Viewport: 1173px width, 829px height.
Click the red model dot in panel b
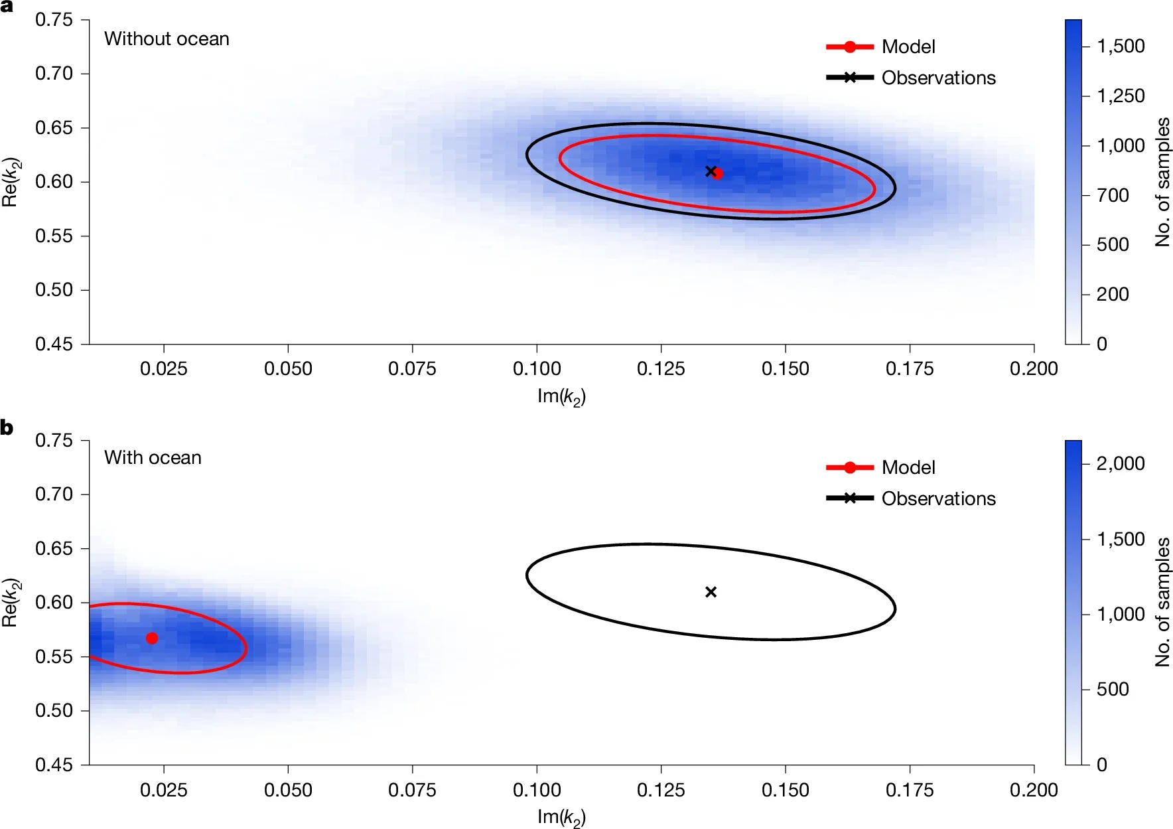[x=152, y=639]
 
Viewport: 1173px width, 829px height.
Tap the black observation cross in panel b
[x=711, y=591]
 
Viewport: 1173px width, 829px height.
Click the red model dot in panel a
[x=717, y=174]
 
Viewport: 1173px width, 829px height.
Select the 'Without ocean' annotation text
[x=167, y=39]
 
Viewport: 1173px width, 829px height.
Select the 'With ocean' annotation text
[x=153, y=458]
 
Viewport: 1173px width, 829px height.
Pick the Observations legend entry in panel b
[x=938, y=498]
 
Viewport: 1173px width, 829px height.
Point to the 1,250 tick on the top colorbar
[x=1121, y=96]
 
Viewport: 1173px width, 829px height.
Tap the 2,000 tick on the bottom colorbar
[x=1121, y=463]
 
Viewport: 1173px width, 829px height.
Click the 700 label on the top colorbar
[x=1113, y=196]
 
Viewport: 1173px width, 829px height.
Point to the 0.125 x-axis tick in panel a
[x=661, y=368]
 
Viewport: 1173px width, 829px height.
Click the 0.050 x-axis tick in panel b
[x=288, y=790]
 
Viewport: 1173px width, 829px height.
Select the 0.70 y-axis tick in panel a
[x=54, y=73]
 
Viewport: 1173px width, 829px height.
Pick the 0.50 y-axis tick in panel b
[x=54, y=711]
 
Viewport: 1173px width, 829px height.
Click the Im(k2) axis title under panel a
[x=561, y=397]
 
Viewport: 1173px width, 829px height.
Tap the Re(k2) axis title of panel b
[x=11, y=603]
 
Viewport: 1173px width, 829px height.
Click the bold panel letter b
[x=7, y=428]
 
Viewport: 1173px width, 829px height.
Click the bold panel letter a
[x=7, y=7]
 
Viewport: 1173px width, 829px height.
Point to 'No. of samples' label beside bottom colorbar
[x=1162, y=602]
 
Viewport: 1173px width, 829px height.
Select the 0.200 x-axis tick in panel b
[x=1033, y=790]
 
